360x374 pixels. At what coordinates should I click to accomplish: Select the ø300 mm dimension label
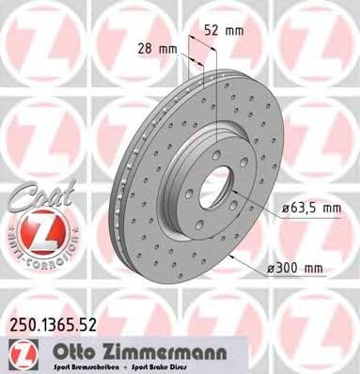tap(299, 270)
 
